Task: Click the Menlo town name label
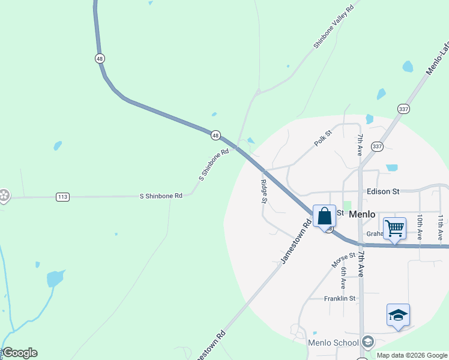pos(362,214)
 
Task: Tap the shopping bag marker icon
pos(324,216)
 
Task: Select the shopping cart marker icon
pos(394,228)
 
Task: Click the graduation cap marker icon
pos(398,315)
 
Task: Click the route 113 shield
pos(62,196)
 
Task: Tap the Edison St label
pos(383,191)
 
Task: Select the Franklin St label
pos(340,298)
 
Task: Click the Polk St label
pos(322,139)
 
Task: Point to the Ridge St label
pos(264,191)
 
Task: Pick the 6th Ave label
pos(343,277)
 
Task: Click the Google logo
pos(20,353)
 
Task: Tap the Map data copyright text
pos(412,355)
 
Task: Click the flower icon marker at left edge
pos(4,195)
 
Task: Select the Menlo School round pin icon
pos(367,343)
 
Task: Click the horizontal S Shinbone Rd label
pos(160,196)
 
